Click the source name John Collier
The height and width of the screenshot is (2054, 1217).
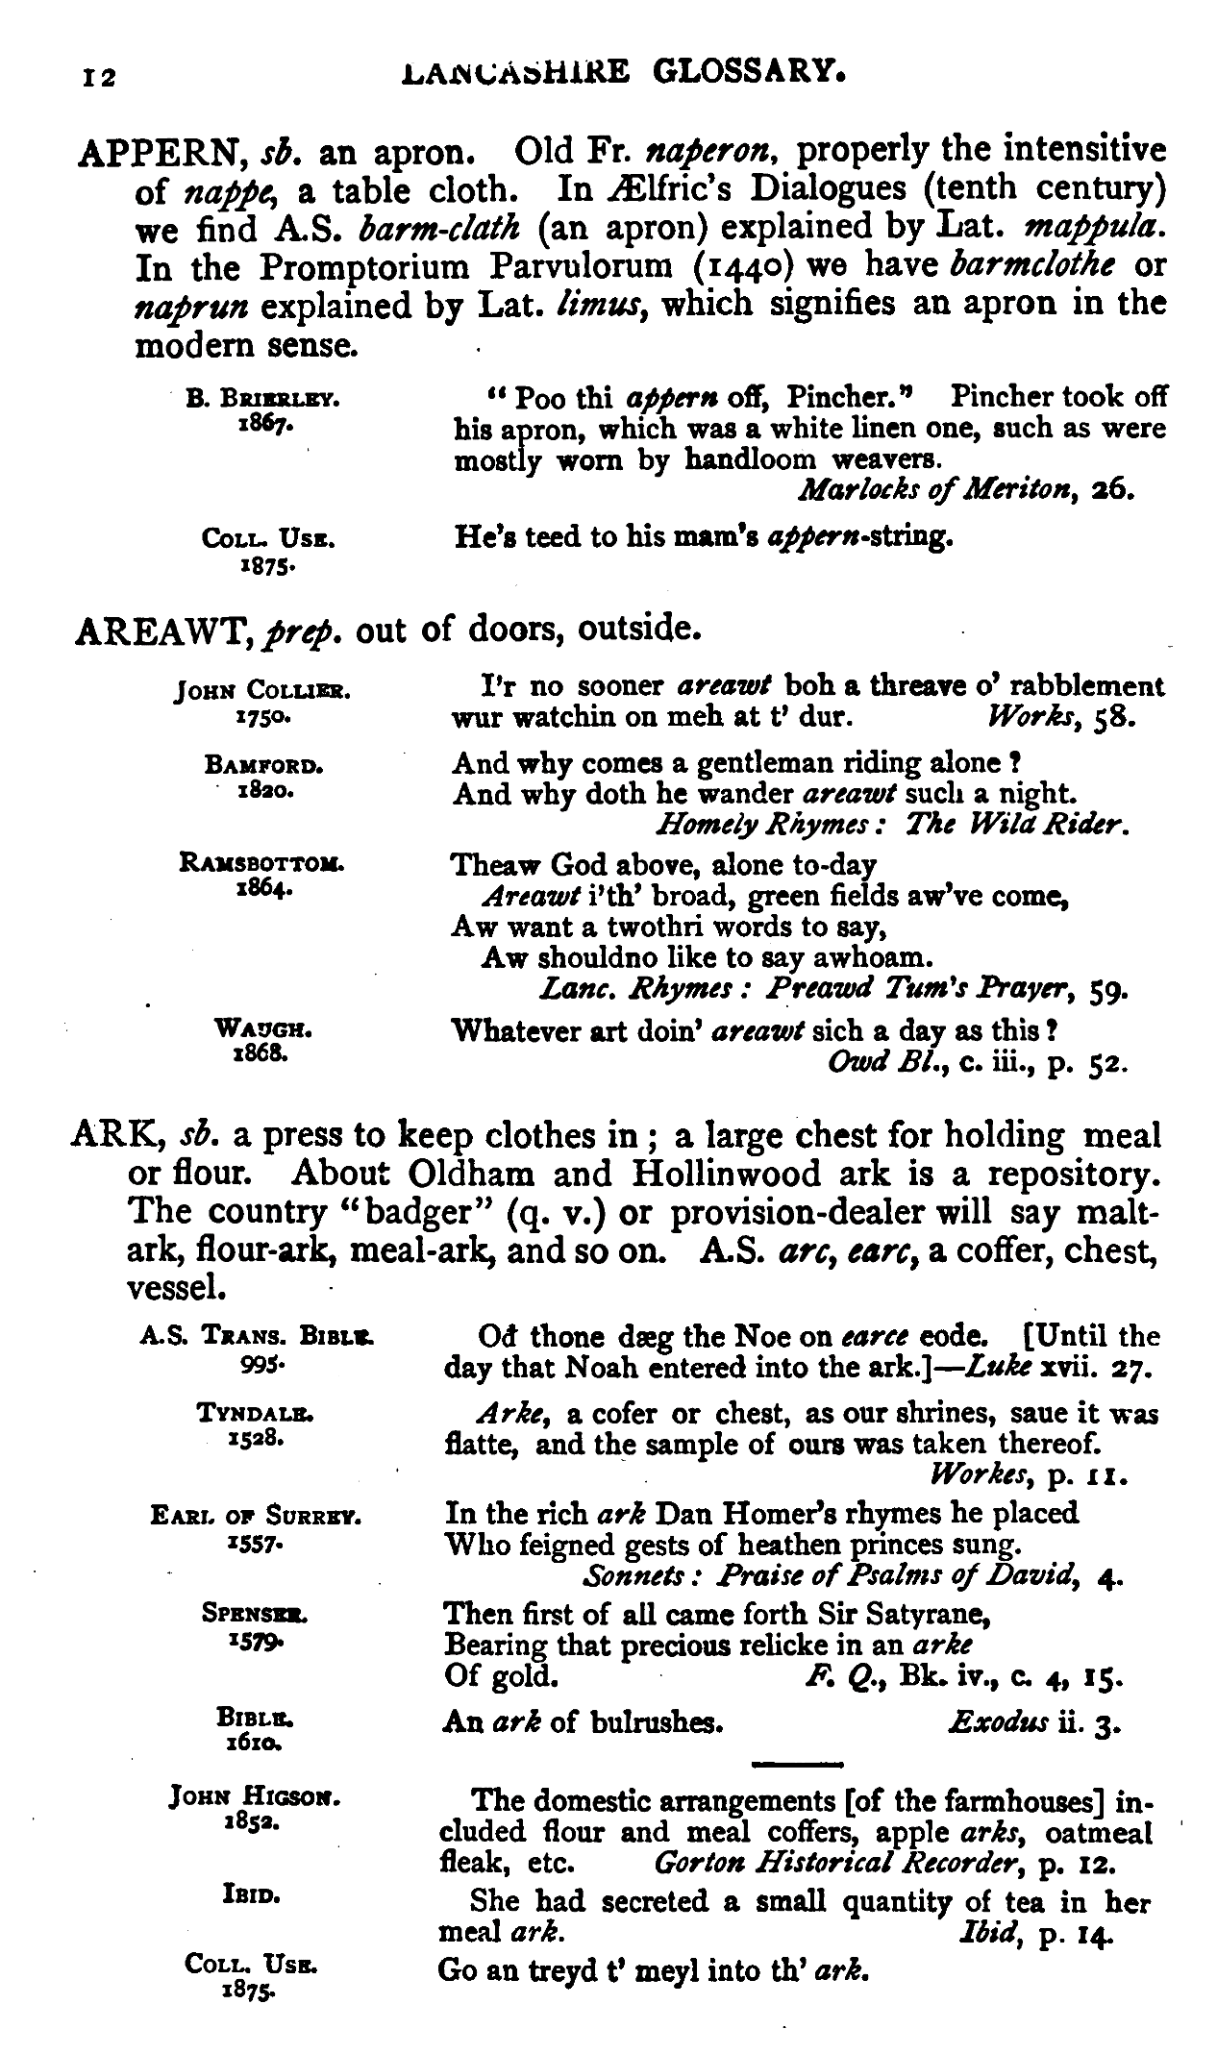(262, 690)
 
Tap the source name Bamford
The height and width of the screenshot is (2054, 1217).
(262, 766)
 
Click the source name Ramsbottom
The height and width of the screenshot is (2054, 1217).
(262, 863)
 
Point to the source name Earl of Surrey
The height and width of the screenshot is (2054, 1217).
(256, 1517)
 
